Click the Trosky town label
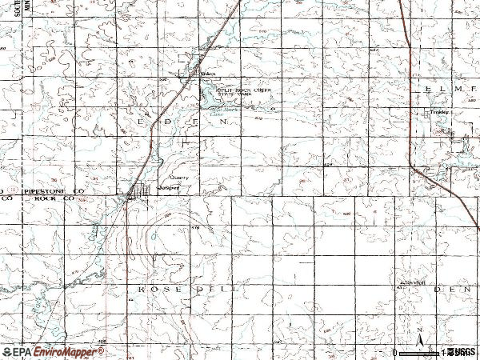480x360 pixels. (440, 113)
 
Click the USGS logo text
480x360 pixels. (462, 352)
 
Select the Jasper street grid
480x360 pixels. (142, 191)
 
